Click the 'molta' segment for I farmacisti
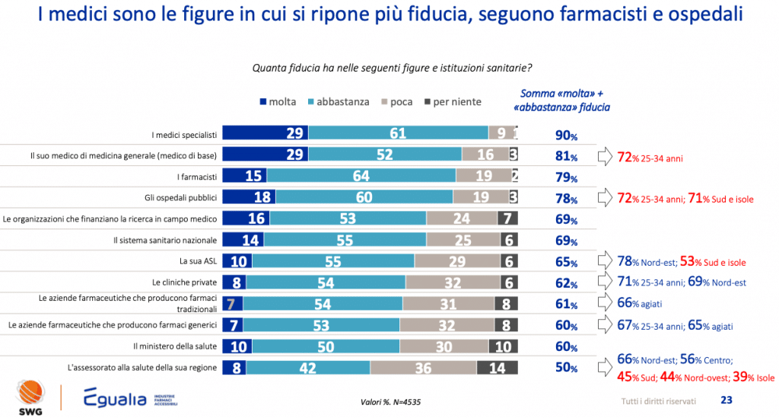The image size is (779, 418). pyautogui.click(x=244, y=177)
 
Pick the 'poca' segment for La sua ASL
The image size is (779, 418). pyautogui.click(x=452, y=261)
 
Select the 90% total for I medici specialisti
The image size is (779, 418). pyautogui.click(x=566, y=136)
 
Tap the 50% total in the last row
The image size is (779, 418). pyautogui.click(x=566, y=369)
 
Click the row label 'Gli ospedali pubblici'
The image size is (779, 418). pyautogui.click(x=186, y=198)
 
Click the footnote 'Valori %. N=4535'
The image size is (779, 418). pyautogui.click(x=392, y=401)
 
